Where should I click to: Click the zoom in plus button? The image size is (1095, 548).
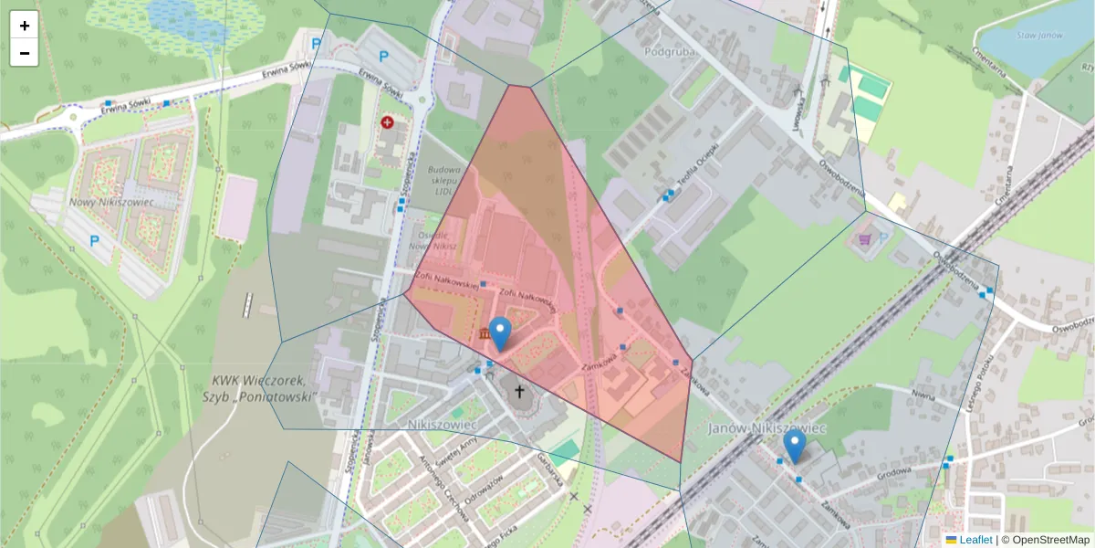tap(25, 26)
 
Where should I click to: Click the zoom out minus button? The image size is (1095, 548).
tap(25, 53)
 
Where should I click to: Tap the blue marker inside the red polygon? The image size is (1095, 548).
tap(499, 333)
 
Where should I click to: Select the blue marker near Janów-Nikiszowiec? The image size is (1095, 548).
tap(795, 447)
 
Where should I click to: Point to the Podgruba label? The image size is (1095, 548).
tap(669, 52)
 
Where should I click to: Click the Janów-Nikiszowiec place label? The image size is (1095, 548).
tap(767, 427)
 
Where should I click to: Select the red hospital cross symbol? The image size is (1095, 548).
tap(387, 121)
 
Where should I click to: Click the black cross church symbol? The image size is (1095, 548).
tap(520, 393)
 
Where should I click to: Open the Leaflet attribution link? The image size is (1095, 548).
tap(975, 540)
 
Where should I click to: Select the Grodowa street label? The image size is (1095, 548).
tap(892, 472)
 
